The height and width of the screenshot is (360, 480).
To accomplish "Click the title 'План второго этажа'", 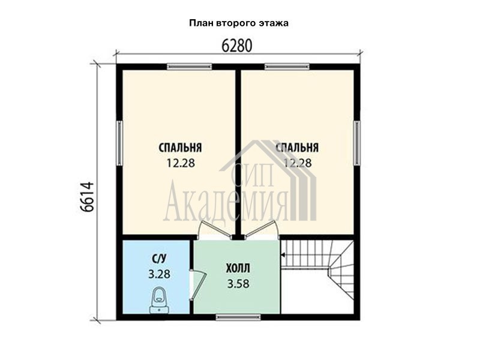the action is pos(239,23).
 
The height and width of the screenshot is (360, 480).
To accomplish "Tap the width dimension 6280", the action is pos(237,46).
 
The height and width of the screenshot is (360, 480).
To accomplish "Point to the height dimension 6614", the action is pos(87,197).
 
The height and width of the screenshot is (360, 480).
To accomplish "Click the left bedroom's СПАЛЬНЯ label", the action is pos(180,148).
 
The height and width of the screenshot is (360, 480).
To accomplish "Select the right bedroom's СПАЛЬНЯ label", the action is pos(297,148).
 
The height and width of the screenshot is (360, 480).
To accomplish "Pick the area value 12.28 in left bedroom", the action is pos(181,163).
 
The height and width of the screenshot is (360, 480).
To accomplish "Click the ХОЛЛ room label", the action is pos(238,268).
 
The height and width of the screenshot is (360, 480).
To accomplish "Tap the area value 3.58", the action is pos(238,284).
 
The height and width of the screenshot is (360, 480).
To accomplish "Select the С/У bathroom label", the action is pos(159,259).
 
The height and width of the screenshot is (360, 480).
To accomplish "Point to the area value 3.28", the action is pos(159,274).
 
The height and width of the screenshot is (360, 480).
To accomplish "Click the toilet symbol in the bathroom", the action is pos(158,301).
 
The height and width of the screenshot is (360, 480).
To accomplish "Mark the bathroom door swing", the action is pos(198,285).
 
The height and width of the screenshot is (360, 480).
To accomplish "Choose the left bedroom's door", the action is pos(214,229).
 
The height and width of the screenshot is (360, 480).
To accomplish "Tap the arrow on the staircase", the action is pos(283,254).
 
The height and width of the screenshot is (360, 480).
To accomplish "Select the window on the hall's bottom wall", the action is pos(238,317).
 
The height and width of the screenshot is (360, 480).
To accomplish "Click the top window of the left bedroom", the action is pos(190,67).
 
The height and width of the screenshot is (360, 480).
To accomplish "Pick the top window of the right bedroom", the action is pos(287,67).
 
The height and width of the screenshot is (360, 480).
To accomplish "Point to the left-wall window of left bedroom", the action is pos(119,143).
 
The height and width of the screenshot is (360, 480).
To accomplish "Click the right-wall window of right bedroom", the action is pos(357,143).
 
